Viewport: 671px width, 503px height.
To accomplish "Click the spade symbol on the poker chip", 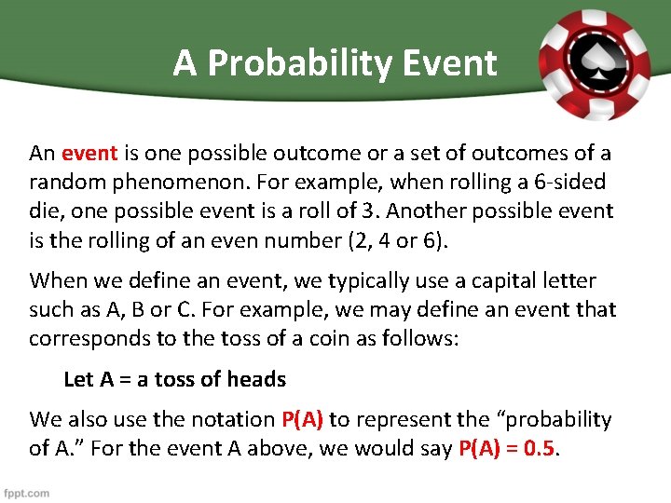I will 596,61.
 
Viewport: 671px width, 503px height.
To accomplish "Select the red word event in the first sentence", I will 89,153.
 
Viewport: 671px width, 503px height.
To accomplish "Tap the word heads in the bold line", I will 255,379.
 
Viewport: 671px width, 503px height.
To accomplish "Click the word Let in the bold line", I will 78,379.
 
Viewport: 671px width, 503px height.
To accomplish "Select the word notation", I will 229,420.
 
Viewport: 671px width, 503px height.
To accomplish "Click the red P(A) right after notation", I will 302,420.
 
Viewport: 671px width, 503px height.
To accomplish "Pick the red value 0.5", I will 539,449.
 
